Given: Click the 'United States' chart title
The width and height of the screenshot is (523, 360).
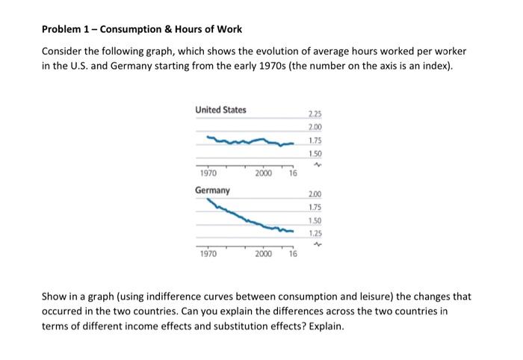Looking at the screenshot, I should pos(220,111).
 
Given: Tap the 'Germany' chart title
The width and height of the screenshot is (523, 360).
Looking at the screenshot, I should pos(212,190).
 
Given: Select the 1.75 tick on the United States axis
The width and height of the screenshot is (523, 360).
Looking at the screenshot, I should pos(315,140).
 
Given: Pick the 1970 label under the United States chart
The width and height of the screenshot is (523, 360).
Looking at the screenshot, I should pos(208,173).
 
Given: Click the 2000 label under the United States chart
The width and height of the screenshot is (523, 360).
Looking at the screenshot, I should pos(263,173).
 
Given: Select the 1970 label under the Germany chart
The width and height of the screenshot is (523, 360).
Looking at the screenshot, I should pos(208,254).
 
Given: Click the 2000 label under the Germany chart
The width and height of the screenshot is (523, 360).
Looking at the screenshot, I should pos(263,254).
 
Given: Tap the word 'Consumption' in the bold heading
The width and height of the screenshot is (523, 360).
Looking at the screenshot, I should pos(124,29).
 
